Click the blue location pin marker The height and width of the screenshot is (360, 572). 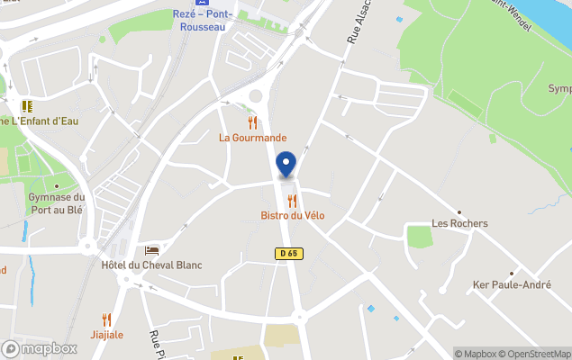point(286,166)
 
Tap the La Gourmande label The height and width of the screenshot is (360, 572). point(253,138)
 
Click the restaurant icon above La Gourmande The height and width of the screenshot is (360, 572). point(253,122)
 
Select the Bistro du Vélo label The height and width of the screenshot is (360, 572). point(293,215)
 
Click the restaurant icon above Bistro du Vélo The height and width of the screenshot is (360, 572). point(291,200)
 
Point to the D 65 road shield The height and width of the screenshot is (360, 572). point(287,255)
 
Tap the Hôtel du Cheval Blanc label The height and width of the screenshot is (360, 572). point(151,265)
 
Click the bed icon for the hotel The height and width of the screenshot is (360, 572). point(151,249)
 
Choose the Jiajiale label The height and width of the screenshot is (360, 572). point(106,334)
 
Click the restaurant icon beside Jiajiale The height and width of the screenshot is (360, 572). point(106,319)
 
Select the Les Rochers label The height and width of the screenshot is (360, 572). point(459,223)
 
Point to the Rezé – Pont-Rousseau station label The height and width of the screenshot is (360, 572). point(203,19)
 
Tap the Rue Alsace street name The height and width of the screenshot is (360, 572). point(359,25)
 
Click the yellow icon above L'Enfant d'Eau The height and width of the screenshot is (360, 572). point(27,105)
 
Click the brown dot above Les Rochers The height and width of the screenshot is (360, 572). point(459,211)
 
